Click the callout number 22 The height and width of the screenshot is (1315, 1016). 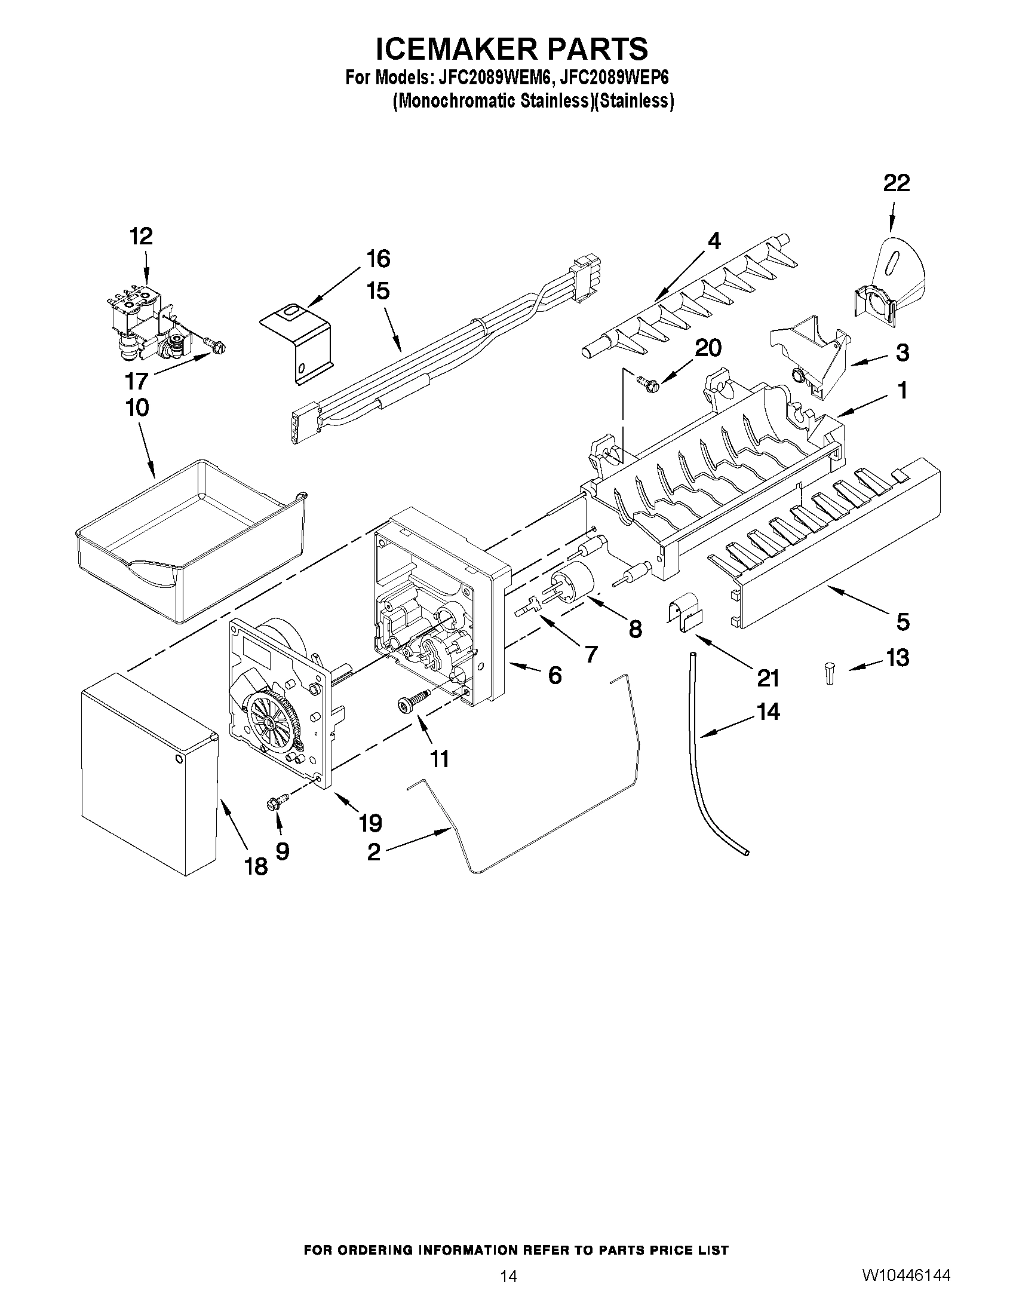896,183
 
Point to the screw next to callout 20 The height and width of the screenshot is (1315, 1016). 647,381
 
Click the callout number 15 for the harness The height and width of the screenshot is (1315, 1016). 378,292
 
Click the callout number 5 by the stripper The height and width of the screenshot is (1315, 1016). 903,621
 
